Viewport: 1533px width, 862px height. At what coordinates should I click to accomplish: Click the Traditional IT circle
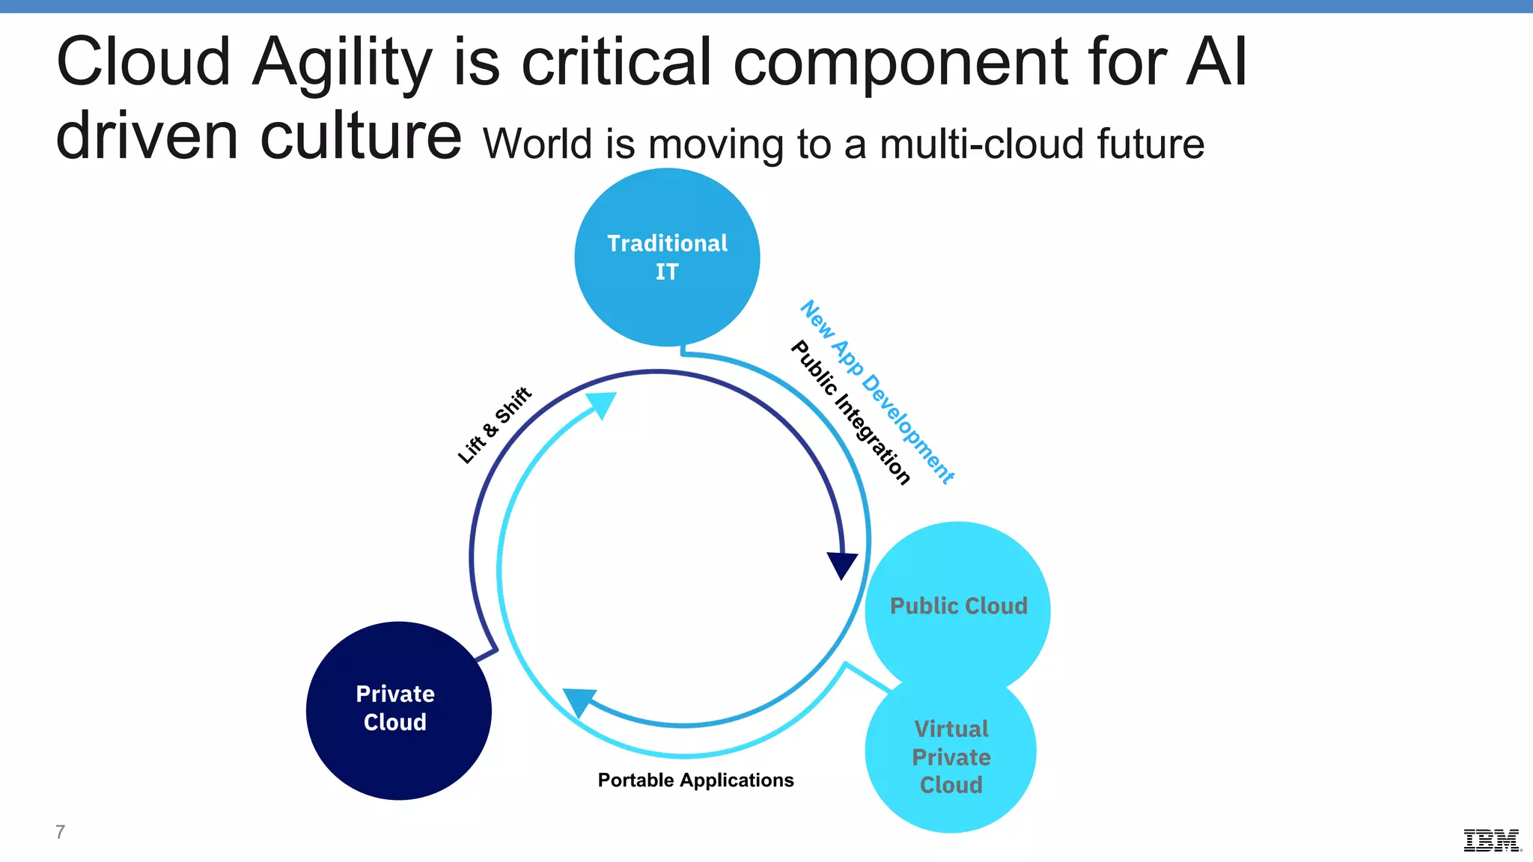[667, 257]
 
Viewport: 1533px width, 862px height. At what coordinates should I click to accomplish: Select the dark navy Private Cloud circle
[398, 710]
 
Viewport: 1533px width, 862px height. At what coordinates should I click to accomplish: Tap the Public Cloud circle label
[958, 605]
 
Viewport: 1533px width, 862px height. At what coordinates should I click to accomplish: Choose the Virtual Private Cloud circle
[951, 756]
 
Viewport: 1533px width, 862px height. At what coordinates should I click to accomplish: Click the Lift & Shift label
[494, 425]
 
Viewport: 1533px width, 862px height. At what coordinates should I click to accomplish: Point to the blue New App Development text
[877, 391]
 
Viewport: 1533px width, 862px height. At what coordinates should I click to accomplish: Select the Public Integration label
[850, 412]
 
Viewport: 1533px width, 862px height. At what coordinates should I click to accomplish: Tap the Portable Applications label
[695, 780]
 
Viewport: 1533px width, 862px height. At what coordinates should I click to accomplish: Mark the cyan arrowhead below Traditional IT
[602, 405]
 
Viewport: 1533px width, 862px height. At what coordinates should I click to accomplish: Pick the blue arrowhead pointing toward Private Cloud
[579, 702]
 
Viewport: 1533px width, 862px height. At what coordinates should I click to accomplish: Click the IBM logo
[1492, 840]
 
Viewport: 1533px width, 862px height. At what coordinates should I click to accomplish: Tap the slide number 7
[60, 831]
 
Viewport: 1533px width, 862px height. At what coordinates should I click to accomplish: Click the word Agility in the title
[342, 63]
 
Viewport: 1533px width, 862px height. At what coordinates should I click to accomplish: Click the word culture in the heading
[361, 136]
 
